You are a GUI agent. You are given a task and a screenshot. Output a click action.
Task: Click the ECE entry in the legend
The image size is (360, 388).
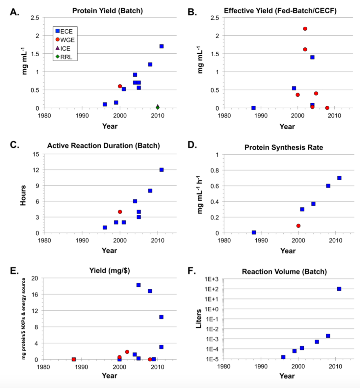pos(64,31)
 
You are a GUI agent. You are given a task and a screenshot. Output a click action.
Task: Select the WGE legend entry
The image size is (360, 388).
pos(65,40)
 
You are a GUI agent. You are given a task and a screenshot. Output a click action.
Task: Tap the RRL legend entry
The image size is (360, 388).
pos(64,57)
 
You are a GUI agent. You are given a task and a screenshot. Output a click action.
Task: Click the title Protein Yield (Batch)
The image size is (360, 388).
pos(107,11)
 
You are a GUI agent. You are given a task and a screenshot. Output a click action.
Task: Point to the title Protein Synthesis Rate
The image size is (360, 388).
pos(284,147)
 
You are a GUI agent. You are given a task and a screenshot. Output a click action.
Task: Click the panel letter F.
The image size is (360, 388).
pos(192,271)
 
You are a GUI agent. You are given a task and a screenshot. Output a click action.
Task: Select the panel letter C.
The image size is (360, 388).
pos(14,145)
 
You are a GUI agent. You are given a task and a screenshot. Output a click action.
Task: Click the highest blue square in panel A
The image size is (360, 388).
pos(161,46)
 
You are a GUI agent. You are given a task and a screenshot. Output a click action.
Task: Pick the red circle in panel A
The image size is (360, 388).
pos(120,86)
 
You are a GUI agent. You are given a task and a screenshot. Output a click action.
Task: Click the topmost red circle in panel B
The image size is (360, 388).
pos(305,29)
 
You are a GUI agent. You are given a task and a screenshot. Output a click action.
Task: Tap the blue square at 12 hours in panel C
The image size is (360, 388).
pos(161,170)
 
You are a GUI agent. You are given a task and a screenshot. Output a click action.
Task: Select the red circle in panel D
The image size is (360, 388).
pos(298,226)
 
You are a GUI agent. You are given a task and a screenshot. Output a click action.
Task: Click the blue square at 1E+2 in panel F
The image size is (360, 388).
pos(339,289)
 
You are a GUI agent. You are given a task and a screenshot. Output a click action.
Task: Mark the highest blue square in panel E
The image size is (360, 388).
pos(138,285)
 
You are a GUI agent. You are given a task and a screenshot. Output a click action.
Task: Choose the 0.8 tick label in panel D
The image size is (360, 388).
pos(215,170)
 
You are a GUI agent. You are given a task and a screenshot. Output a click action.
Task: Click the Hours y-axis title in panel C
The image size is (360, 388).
pos(23,195)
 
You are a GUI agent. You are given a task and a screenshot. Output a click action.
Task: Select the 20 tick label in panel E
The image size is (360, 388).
pos(35,278)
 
